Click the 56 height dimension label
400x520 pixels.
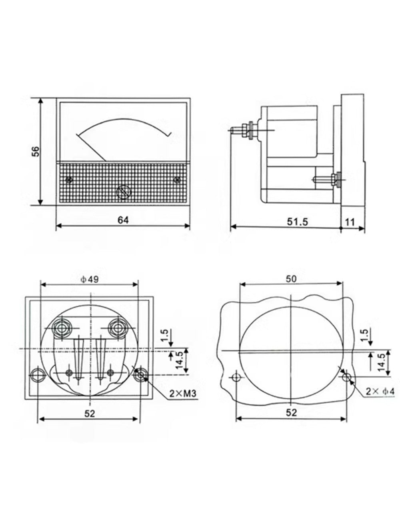[x=36, y=151]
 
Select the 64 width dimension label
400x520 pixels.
[x=123, y=220]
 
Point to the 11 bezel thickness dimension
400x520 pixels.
[x=350, y=222]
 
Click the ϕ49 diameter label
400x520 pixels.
[x=90, y=279]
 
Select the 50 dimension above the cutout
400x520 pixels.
[x=291, y=278]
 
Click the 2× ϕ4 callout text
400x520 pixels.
[x=380, y=392]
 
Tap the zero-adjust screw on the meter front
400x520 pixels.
[x=124, y=192]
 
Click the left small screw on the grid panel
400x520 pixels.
[x=69, y=180]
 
